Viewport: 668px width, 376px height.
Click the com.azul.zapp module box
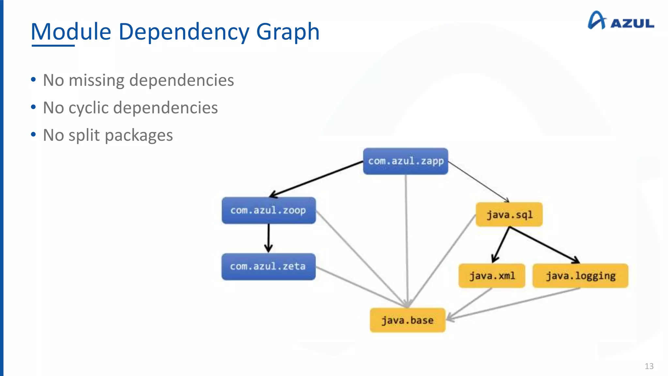tap(405, 161)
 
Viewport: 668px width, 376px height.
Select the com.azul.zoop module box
tap(268, 211)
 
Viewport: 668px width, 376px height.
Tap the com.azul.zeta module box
tap(268, 267)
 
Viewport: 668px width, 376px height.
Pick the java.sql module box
tap(509, 214)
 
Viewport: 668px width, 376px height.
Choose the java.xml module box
tap(492, 276)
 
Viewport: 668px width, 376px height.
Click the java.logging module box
tap(580, 276)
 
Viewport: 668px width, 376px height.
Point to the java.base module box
tap(407, 320)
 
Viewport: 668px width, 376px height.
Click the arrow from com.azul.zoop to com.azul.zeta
tap(268, 238)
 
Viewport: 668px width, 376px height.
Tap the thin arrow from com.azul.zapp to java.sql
tap(478, 181)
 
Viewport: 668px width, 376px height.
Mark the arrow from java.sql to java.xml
tap(501, 244)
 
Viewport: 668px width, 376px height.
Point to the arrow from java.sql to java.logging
tap(544, 245)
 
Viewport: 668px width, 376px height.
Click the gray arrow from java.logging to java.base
tap(515, 303)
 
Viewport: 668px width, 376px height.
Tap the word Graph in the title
tap(288, 32)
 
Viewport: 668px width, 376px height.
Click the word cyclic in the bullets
tap(88, 108)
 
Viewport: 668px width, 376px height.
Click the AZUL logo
tap(621, 21)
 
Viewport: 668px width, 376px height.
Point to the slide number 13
tap(649, 366)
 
